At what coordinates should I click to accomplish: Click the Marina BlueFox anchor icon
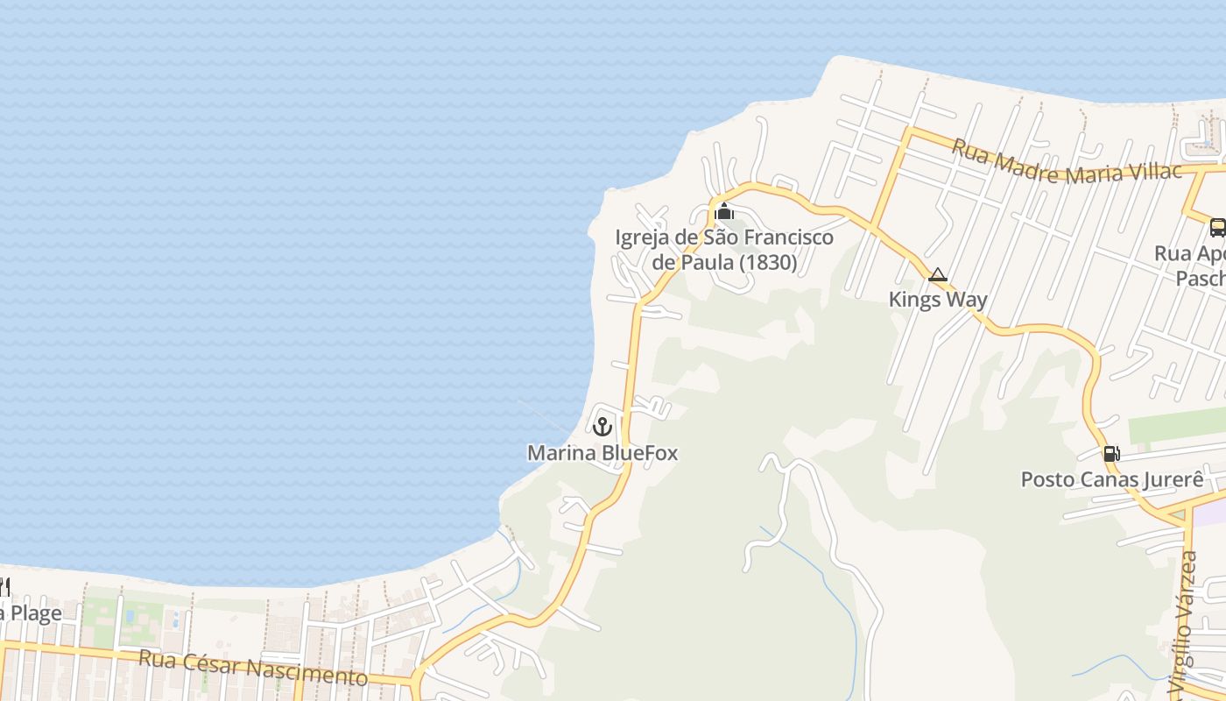pos(602,427)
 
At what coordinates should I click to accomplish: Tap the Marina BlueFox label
pos(602,453)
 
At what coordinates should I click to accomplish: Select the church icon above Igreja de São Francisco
pos(723,211)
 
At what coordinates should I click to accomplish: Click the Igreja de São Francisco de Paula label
pos(724,250)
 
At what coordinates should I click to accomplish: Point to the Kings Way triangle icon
pos(938,275)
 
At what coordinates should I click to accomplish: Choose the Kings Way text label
pos(938,300)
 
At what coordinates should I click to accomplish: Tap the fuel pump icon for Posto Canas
pos(1111,453)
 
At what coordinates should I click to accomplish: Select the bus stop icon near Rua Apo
pos(1217,228)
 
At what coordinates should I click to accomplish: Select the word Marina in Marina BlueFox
pos(561,453)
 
